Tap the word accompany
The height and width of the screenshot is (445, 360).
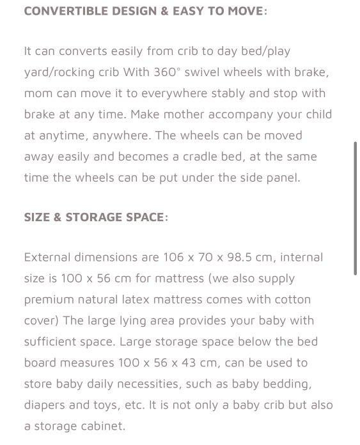tap(237, 114)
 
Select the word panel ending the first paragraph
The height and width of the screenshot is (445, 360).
tap(281, 178)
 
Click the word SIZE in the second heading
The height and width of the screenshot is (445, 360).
tap(38, 217)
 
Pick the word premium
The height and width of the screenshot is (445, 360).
tap(49, 300)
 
